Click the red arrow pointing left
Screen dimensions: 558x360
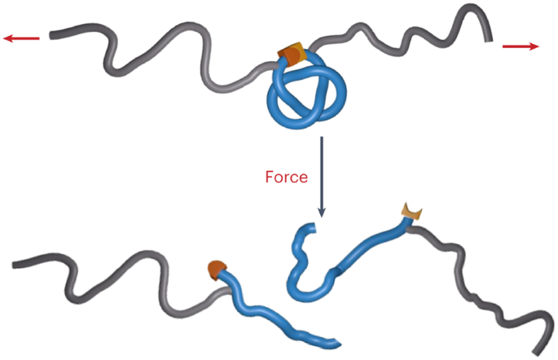coord(20,38)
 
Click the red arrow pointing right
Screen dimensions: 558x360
coord(521,46)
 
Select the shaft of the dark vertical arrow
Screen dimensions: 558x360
coord(322,171)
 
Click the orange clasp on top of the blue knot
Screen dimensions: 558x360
coord(291,55)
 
